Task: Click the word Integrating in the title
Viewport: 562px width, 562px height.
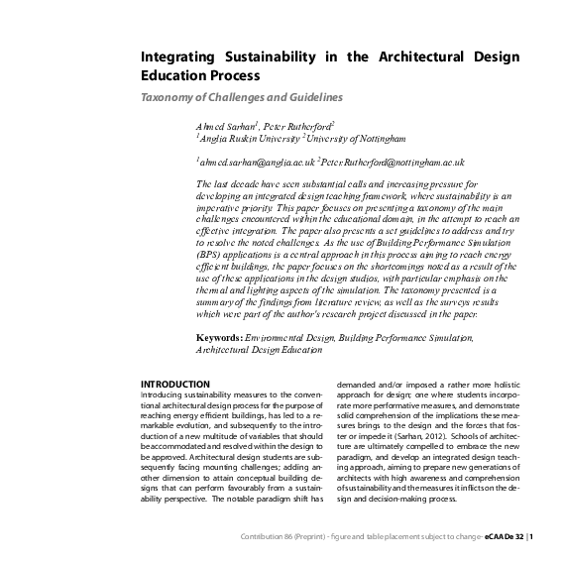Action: tap(174, 57)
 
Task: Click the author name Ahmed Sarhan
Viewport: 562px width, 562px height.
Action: tap(226, 127)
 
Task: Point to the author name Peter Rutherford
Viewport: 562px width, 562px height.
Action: tap(298, 127)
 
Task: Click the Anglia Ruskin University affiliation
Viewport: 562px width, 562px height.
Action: tap(242, 140)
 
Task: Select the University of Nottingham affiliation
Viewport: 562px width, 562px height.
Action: tap(348, 140)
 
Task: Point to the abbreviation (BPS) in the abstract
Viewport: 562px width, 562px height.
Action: tap(212, 254)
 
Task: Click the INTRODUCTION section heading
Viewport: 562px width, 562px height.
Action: tap(175, 384)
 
